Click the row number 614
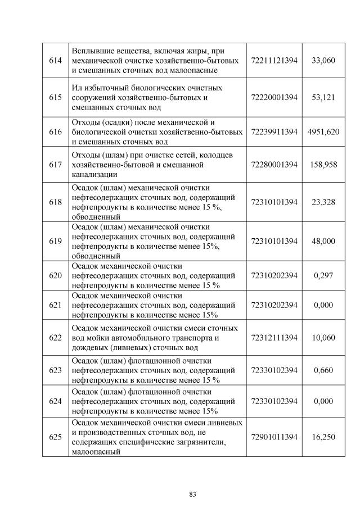55,60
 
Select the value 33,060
323,60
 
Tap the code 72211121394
274,60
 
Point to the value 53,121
323,97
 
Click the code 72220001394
274,97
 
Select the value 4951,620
323,132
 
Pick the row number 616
55,132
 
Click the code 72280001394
274,165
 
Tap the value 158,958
323,165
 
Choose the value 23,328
323,202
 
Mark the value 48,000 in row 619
323,241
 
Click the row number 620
55,275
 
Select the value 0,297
323,275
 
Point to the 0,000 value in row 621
323,305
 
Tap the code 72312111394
274,337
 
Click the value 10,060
323,337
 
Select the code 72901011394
274,437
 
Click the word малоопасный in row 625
97,451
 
